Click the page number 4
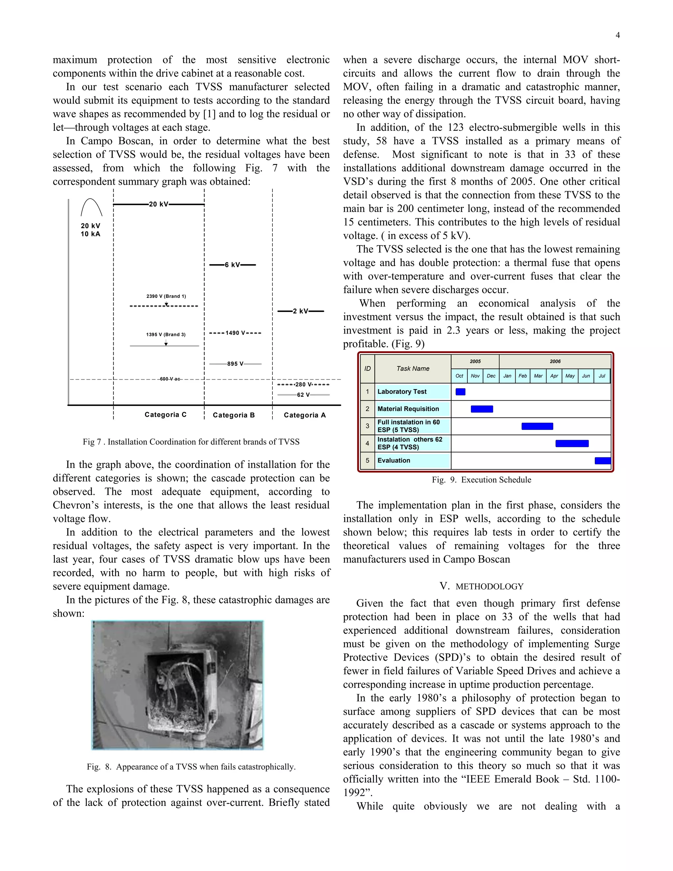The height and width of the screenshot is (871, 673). coord(617,35)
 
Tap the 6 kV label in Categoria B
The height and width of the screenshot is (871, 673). coord(232,265)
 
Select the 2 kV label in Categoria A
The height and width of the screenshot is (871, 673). coord(300,311)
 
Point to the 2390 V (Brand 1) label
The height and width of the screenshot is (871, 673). coord(166,296)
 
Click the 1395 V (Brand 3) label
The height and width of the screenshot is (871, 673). coord(166,335)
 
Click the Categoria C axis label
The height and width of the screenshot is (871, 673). coord(166,415)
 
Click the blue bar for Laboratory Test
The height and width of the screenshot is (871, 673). coord(460,392)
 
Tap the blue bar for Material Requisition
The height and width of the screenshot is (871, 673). coord(482,409)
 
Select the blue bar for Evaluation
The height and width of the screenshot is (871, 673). coord(602,460)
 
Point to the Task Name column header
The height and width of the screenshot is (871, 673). coord(413,368)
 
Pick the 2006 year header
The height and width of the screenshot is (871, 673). coord(555,361)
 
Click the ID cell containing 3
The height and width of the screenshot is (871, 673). coord(367,426)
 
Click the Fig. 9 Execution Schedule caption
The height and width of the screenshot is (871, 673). coord(481,480)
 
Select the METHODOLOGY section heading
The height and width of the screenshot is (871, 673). coord(481,586)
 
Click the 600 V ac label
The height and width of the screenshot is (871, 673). coord(170,379)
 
